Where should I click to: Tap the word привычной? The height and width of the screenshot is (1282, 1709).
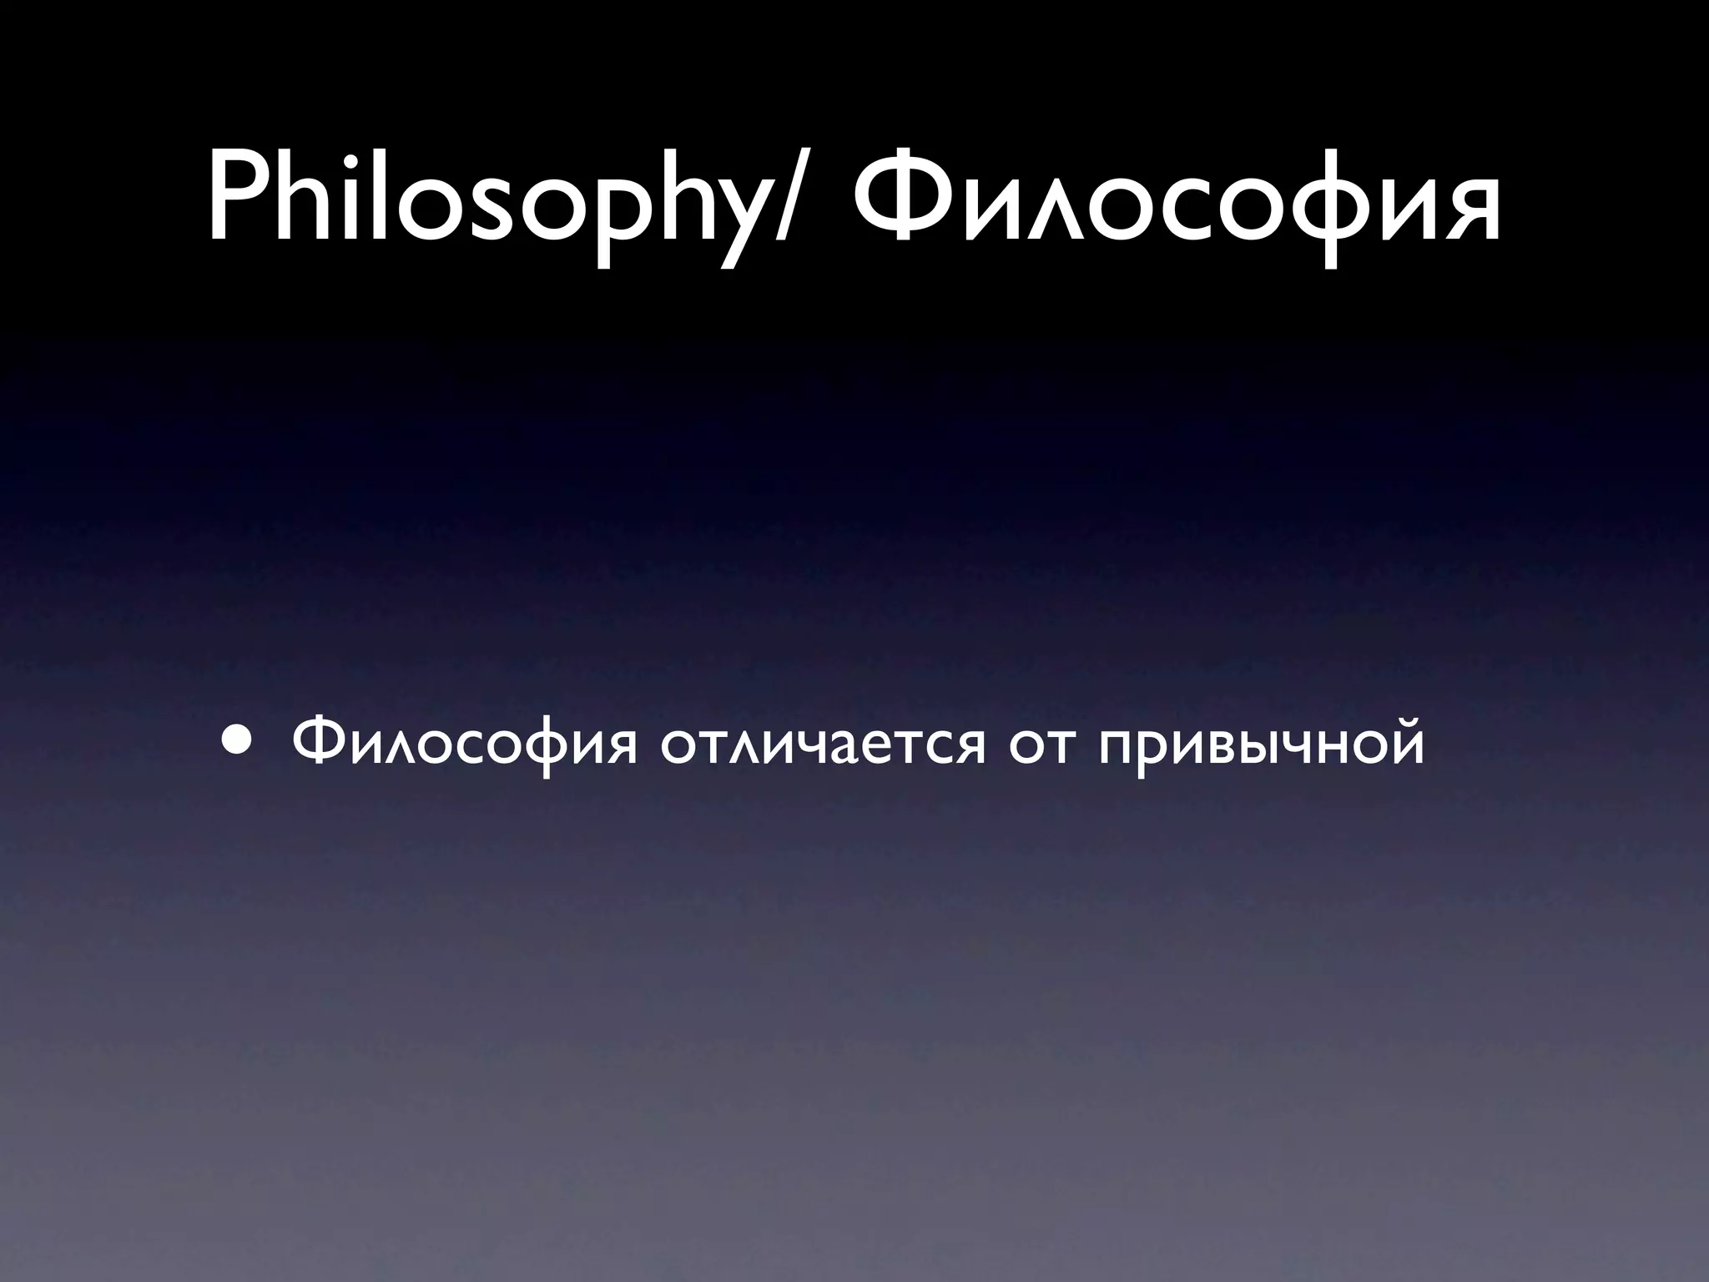coord(1261,743)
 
